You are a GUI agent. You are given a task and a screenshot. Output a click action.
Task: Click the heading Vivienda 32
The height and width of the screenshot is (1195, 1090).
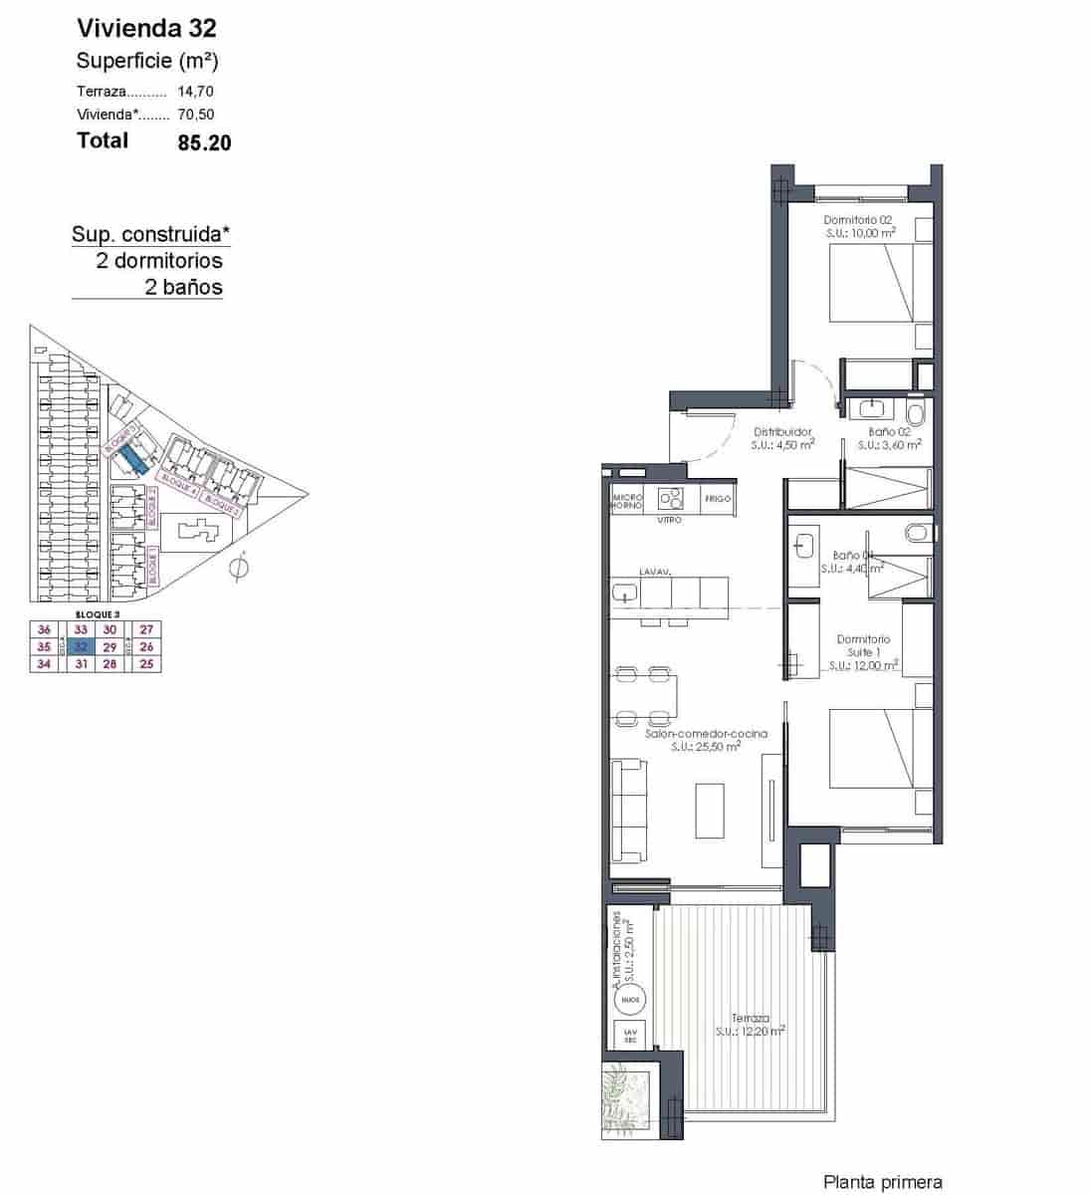tap(146, 28)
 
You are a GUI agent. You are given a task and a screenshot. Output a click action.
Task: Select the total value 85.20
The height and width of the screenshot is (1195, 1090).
tap(204, 142)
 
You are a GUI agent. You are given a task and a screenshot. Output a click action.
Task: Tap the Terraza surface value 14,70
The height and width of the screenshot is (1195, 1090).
tap(195, 91)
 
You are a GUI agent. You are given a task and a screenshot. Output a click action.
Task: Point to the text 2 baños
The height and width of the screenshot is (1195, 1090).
tap(183, 288)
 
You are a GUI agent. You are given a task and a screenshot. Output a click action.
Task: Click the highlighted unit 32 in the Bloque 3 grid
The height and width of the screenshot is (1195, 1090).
tap(82, 646)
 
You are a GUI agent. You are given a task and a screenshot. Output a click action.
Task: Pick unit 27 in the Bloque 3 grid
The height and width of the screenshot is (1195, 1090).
tap(147, 629)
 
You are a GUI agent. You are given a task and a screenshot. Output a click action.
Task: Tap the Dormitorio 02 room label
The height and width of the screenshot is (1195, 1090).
tap(858, 220)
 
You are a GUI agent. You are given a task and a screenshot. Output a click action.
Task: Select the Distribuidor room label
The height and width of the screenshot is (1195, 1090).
tap(782, 432)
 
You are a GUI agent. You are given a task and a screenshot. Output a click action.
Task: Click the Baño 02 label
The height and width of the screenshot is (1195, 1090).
tap(889, 432)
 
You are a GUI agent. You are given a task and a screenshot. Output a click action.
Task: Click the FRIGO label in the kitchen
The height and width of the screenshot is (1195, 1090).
tap(718, 498)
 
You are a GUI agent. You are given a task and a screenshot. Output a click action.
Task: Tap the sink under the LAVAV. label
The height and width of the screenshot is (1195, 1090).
tap(625, 593)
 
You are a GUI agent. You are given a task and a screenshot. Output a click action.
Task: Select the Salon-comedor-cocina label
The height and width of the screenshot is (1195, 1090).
tap(706, 734)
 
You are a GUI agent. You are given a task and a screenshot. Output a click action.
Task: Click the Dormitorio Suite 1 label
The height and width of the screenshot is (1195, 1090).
tap(863, 645)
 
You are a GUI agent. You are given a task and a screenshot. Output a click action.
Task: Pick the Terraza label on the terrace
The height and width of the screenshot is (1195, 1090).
tap(750, 1019)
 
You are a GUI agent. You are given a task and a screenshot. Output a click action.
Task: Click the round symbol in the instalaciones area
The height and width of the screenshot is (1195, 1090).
tap(629, 998)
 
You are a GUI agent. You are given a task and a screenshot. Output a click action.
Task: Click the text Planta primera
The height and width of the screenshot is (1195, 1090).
tap(882, 1182)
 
